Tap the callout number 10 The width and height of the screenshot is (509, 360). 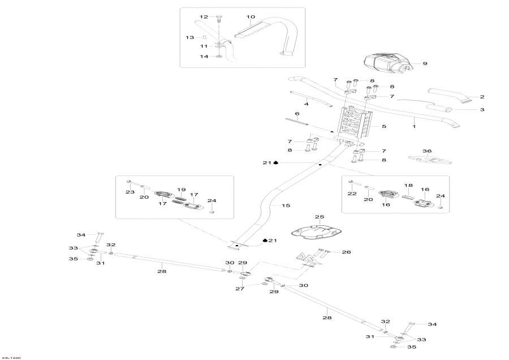click(x=251, y=17)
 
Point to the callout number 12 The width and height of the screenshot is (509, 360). click(x=204, y=17)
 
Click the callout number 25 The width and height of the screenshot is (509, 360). click(x=319, y=217)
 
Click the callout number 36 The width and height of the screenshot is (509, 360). click(x=427, y=151)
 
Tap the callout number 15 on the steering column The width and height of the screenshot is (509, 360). click(x=285, y=205)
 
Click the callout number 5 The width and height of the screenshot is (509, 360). click(x=384, y=126)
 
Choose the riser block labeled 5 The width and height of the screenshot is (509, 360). click(x=354, y=126)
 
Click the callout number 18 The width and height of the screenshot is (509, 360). click(x=408, y=185)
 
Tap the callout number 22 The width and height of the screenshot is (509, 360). click(x=351, y=194)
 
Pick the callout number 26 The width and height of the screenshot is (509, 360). click(x=346, y=252)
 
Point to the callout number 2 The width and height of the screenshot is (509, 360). click(x=482, y=97)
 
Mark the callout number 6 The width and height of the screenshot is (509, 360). click(x=297, y=114)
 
